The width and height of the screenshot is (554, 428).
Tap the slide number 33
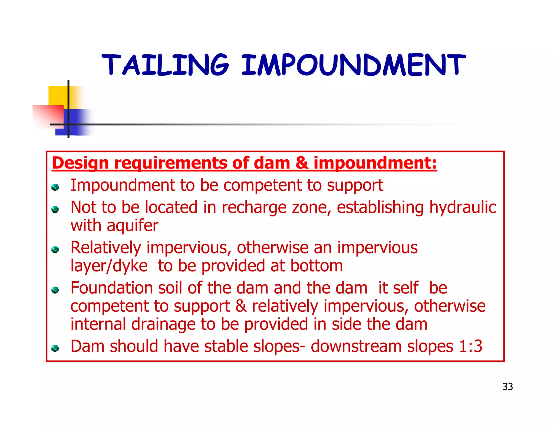tap(507, 387)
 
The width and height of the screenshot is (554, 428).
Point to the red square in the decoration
tap(48, 116)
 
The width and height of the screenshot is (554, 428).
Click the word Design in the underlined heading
tap(80, 163)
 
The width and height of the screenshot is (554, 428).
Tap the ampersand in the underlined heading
tap(302, 163)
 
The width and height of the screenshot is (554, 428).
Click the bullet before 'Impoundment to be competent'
tap(55, 187)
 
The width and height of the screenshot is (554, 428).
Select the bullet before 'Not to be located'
tap(55, 209)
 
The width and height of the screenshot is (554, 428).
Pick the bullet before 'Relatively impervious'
tap(55, 249)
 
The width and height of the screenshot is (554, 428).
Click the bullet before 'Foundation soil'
tap(55, 290)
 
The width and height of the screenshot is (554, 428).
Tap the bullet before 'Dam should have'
tap(55, 348)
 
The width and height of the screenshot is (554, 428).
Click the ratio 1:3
tap(471, 346)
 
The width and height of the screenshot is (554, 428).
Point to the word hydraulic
tap(463, 208)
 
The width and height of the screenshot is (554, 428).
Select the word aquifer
tap(133, 225)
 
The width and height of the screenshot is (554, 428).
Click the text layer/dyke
tap(109, 266)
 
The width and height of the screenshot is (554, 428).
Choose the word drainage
tap(163, 324)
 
